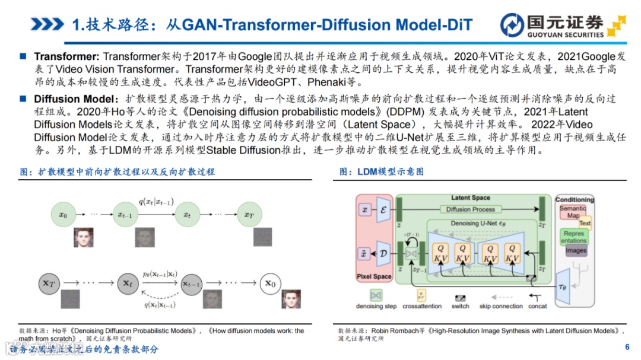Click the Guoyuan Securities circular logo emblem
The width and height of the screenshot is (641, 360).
click(x=512, y=25)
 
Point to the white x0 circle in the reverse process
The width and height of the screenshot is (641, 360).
click(x=270, y=283)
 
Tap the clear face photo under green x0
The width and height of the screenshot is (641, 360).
click(x=83, y=237)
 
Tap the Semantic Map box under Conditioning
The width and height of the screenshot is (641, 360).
click(x=572, y=212)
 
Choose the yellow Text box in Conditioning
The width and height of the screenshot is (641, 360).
click(x=585, y=224)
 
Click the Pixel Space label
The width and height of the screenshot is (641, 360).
click(x=374, y=276)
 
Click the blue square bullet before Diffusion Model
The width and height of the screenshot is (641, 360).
click(x=23, y=98)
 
